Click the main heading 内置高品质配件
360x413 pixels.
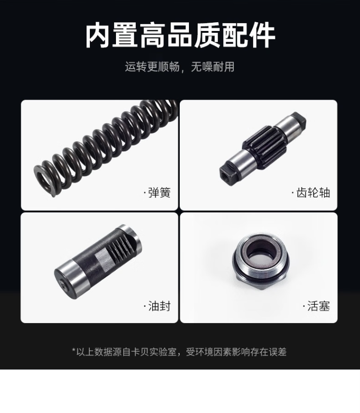click(180, 35)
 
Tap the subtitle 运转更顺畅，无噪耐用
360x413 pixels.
click(180, 67)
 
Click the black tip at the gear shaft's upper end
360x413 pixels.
click(299, 120)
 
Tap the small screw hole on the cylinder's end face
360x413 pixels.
click(63, 284)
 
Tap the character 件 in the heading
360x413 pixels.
click(262, 35)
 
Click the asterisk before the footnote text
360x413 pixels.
click(74, 350)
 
